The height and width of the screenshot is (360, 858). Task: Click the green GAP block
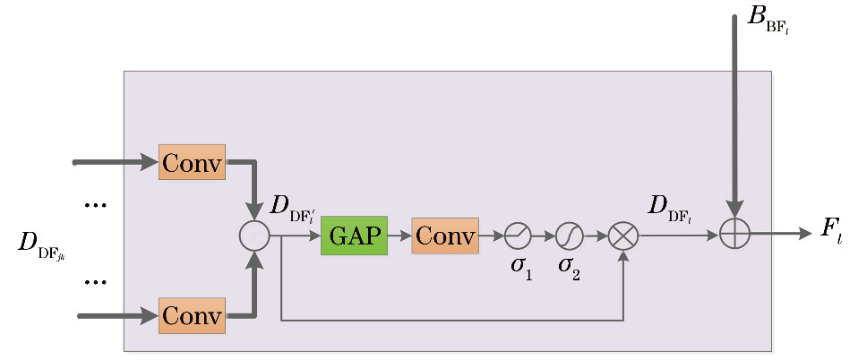(x=354, y=236)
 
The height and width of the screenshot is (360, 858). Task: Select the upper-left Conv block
(x=192, y=162)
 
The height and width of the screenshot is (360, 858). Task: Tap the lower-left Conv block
(x=192, y=315)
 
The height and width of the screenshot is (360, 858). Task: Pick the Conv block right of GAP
(x=445, y=236)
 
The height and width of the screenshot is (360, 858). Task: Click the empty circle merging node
(x=254, y=236)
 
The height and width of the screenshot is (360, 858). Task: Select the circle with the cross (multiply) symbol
(x=623, y=236)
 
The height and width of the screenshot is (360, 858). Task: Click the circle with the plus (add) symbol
(x=734, y=234)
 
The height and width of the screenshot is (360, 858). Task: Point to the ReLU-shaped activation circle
(x=518, y=236)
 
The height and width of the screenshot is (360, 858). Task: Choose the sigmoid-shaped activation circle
(x=570, y=236)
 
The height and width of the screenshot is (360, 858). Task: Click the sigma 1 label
(x=521, y=266)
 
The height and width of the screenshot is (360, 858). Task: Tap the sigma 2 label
(x=569, y=266)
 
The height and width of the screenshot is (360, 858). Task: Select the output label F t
(x=831, y=228)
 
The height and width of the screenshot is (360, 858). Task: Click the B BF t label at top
(x=768, y=18)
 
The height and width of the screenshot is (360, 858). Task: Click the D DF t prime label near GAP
(x=292, y=207)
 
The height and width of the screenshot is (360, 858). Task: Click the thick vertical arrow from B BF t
(x=734, y=116)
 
